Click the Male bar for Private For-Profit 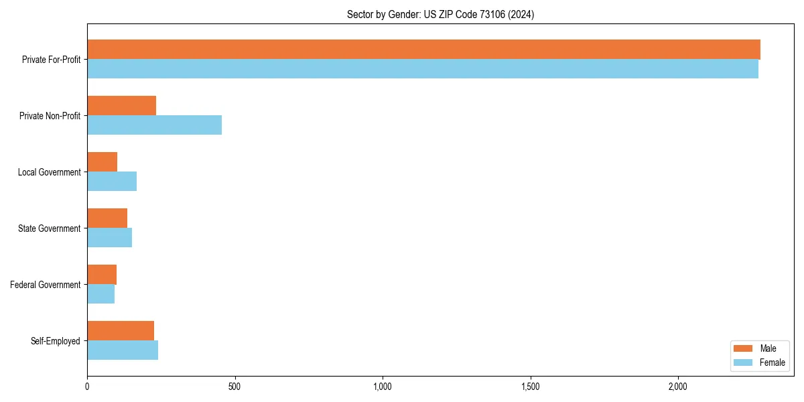click(x=423, y=50)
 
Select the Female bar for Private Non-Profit click(x=154, y=125)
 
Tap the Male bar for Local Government click(x=102, y=162)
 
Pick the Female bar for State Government click(x=109, y=238)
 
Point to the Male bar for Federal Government click(x=102, y=275)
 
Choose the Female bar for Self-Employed click(x=123, y=350)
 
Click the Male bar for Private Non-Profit click(x=121, y=106)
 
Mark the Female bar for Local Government click(x=112, y=182)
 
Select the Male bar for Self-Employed click(x=121, y=331)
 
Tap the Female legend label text click(x=773, y=362)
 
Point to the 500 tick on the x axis click(x=234, y=387)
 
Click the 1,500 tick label click(x=530, y=387)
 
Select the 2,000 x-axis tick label click(x=678, y=387)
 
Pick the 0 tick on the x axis click(x=87, y=387)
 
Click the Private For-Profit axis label click(x=51, y=60)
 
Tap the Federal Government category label click(x=46, y=285)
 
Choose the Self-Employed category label click(x=56, y=341)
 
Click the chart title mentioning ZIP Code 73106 click(x=440, y=14)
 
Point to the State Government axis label click(x=49, y=228)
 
